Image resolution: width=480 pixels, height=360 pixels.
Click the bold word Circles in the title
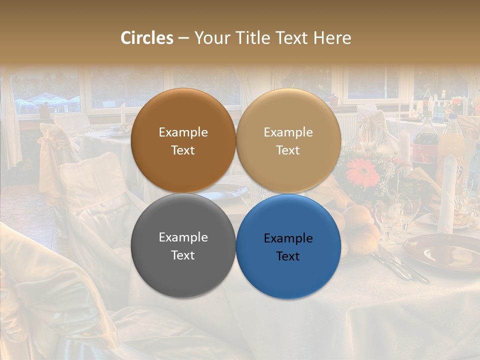click(x=147, y=38)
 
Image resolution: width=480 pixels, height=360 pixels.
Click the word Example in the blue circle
click(x=288, y=238)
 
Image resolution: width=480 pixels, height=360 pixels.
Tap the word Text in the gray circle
click(x=183, y=255)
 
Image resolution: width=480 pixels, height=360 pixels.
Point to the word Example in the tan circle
click(x=288, y=132)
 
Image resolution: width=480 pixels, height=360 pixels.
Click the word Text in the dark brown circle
click(x=183, y=150)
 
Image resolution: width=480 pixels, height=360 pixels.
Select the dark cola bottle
click(x=424, y=140)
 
